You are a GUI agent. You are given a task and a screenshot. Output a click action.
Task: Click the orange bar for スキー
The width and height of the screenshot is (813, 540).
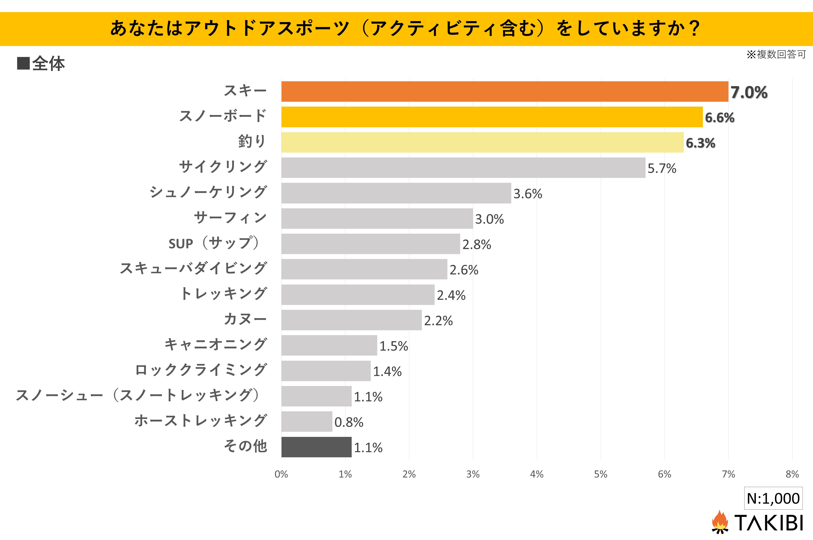pos(505,92)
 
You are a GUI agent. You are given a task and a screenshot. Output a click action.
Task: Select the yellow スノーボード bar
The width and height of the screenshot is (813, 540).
pos(492,117)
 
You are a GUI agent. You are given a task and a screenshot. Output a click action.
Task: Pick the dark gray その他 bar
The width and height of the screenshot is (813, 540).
pos(316,447)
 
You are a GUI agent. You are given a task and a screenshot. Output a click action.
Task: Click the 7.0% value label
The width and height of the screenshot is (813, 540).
pos(749,92)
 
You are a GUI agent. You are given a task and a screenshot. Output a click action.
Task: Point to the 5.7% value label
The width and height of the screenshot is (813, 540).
pos(662,168)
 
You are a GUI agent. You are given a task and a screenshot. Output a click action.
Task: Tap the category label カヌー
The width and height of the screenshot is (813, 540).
pos(245,319)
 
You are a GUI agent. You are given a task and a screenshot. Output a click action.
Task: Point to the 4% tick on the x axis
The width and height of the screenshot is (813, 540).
pos(537,475)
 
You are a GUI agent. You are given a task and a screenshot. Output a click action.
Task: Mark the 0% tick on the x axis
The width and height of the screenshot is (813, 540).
pos(281,475)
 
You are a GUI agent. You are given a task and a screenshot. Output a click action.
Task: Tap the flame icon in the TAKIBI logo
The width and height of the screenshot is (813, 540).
pos(720,522)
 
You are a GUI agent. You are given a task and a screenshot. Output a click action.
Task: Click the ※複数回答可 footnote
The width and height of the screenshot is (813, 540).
pos(776,54)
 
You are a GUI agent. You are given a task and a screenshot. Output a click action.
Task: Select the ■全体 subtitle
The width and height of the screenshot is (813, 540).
pos(41,64)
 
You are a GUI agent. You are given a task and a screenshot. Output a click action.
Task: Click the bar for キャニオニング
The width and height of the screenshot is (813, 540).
pos(329,345)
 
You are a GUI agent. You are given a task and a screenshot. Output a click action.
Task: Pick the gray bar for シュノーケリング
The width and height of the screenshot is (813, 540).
pos(396,193)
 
